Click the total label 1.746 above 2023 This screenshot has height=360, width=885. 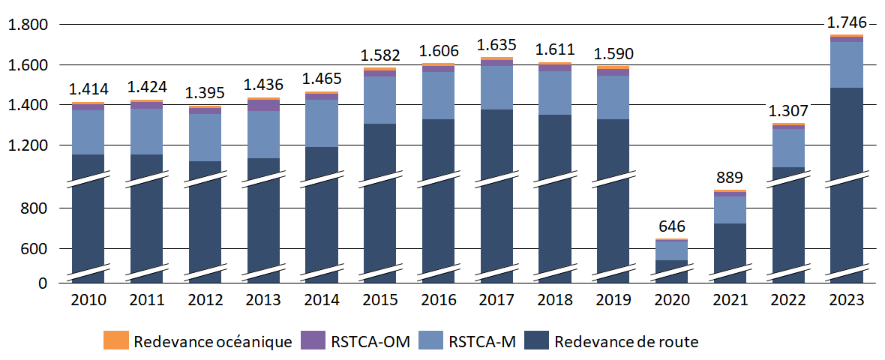pos(847,23)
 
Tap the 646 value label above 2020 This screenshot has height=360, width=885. pos(672,226)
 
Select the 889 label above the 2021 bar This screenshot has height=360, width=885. pos(730,178)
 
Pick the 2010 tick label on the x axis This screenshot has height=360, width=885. pos(88,300)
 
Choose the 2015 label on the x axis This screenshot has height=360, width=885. pos(380,300)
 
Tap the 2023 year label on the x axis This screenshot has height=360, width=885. pos(846,300)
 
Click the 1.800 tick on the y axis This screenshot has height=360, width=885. pos(28,25)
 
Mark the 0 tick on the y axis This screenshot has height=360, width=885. pos(43,283)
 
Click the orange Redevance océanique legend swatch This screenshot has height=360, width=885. pos(116,340)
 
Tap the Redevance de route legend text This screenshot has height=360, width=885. pos(625,342)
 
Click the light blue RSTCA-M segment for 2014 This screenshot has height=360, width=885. pos(322,123)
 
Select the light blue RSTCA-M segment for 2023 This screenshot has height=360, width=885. pos(847,64)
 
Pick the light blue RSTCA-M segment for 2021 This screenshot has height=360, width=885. pos(730,209)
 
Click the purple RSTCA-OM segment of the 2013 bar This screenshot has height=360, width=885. pos(263,105)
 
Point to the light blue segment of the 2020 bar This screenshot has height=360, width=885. pos(672,250)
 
